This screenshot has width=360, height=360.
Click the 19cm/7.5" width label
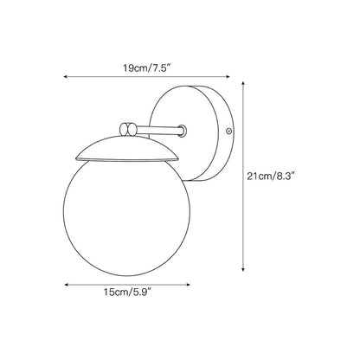[147, 68]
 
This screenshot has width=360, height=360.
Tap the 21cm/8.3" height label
[271, 176]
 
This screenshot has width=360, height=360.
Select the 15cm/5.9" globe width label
[127, 292]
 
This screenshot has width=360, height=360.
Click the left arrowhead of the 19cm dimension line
[66, 77]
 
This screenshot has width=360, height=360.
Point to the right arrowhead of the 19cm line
[228, 77]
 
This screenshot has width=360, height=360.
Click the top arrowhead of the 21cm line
[243, 83]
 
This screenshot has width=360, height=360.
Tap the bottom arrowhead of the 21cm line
[243, 269]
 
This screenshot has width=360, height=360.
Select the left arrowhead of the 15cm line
[66, 285]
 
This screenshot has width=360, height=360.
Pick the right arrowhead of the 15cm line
[188, 285]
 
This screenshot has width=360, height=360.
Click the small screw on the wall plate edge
[229, 132]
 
